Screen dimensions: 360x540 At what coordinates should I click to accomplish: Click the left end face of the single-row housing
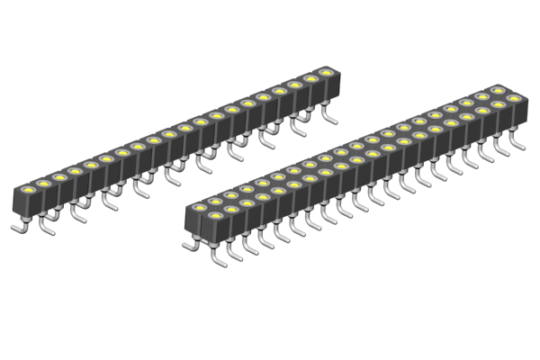point(17,206)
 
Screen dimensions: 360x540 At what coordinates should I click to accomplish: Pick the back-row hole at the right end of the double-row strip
point(498,90)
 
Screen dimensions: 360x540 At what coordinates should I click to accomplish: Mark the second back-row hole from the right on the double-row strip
point(482,95)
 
